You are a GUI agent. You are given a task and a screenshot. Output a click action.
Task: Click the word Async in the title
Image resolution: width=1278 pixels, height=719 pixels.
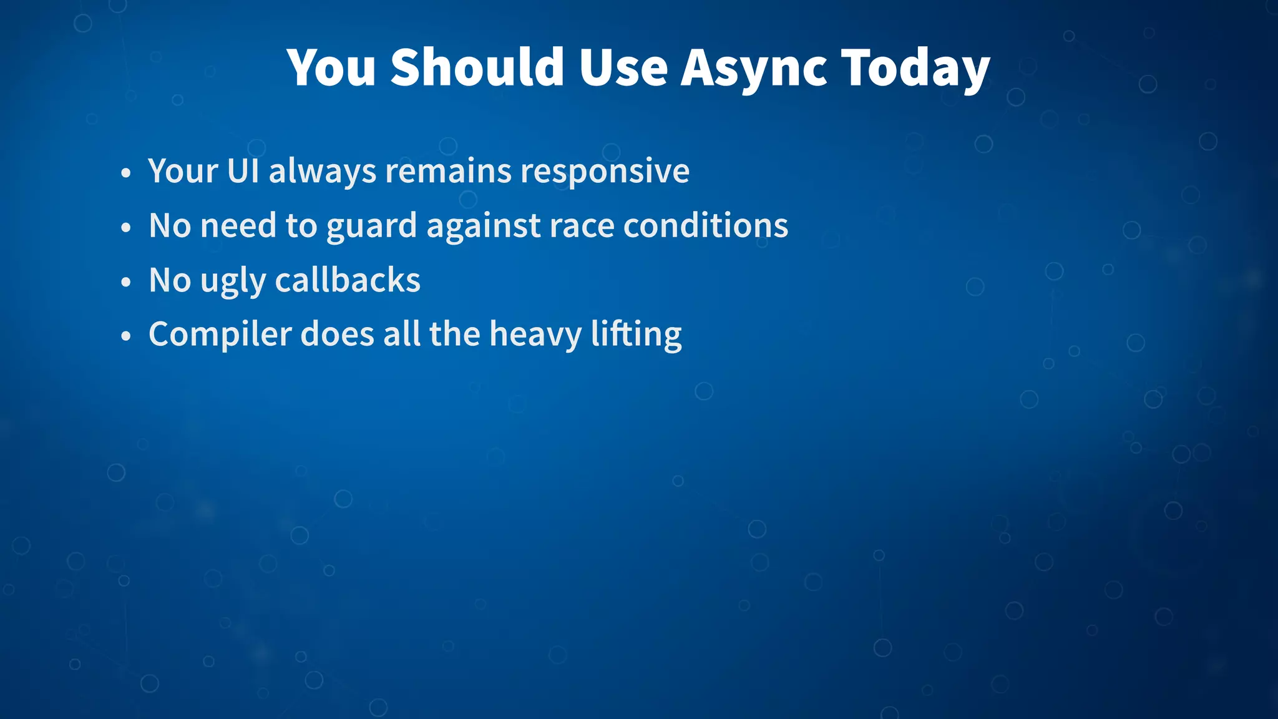(753, 67)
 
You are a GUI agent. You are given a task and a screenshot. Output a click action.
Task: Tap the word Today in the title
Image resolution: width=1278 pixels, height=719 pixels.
(915, 67)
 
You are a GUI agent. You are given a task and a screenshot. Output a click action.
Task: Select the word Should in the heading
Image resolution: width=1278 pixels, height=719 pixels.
(477, 67)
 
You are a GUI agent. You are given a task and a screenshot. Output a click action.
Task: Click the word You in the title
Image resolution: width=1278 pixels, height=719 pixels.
(331, 67)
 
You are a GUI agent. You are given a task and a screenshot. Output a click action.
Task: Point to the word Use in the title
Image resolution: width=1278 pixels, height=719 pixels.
(623, 67)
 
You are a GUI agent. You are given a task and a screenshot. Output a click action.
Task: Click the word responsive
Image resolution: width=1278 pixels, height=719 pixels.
(605, 171)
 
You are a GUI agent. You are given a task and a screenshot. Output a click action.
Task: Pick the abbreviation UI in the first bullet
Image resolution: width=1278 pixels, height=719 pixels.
(243, 170)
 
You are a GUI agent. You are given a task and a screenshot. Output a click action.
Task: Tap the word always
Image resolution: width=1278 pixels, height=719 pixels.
(322, 171)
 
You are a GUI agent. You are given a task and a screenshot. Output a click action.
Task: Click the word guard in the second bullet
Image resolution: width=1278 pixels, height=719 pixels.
(371, 226)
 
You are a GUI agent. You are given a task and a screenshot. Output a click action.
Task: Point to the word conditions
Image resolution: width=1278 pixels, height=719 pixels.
(705, 225)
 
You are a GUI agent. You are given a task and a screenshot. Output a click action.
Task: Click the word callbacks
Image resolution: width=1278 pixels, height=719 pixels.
(348, 280)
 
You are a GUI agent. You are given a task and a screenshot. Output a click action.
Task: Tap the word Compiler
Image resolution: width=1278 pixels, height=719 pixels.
(220, 335)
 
